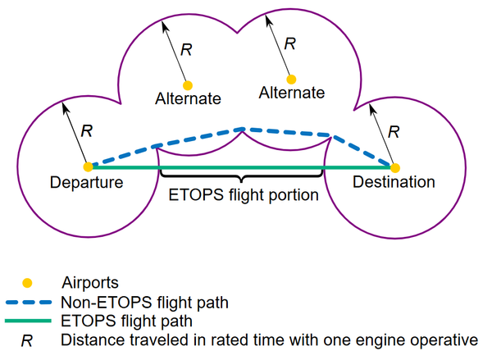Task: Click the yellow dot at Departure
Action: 89,167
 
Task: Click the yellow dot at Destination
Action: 395,168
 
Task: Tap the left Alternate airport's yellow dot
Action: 188,85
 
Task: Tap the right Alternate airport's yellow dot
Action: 291,80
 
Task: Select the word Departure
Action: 87,183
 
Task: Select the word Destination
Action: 394,182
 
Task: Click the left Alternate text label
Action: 188,99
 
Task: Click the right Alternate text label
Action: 291,93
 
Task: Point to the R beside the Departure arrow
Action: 87,131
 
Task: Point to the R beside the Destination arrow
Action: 394,132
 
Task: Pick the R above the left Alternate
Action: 186,50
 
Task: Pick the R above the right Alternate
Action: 289,44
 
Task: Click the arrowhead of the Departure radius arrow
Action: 65,107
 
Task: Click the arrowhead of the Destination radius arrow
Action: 371,108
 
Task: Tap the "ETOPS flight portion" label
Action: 244,195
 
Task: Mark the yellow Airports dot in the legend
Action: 27,283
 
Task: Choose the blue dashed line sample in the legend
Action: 28,303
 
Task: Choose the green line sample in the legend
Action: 28,321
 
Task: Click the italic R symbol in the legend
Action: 27,341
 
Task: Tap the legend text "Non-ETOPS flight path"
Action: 144,303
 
